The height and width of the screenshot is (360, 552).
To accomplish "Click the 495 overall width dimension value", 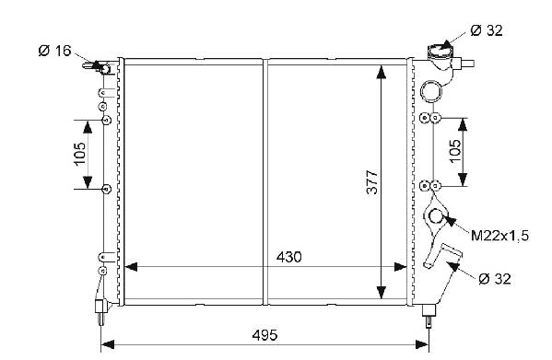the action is coord(264,335).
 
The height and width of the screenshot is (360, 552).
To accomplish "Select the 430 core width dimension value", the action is coord(288,257).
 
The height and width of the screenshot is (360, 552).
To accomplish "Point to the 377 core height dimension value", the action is coord(371,182).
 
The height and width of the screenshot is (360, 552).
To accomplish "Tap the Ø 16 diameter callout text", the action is coord(54,51).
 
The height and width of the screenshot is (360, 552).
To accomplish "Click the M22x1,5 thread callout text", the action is coord(499,236).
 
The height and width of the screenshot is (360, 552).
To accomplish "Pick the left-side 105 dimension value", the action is coord(80,153).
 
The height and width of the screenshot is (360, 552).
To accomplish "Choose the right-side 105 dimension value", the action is coord(455,151).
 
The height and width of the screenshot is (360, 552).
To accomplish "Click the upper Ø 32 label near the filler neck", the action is coord(487,30).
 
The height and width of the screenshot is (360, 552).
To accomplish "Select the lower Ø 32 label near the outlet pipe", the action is coord(495,279).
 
